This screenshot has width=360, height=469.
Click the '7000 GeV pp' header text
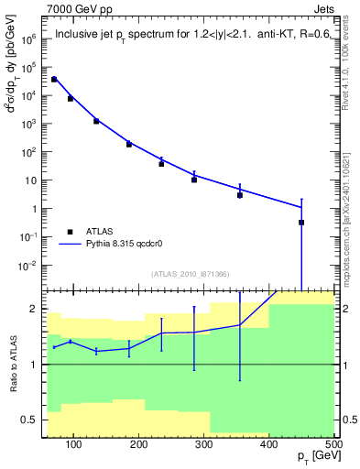79,8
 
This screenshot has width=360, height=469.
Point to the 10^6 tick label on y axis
29,39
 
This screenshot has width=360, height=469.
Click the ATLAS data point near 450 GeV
301,223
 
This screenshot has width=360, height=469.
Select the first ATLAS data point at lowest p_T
54,80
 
